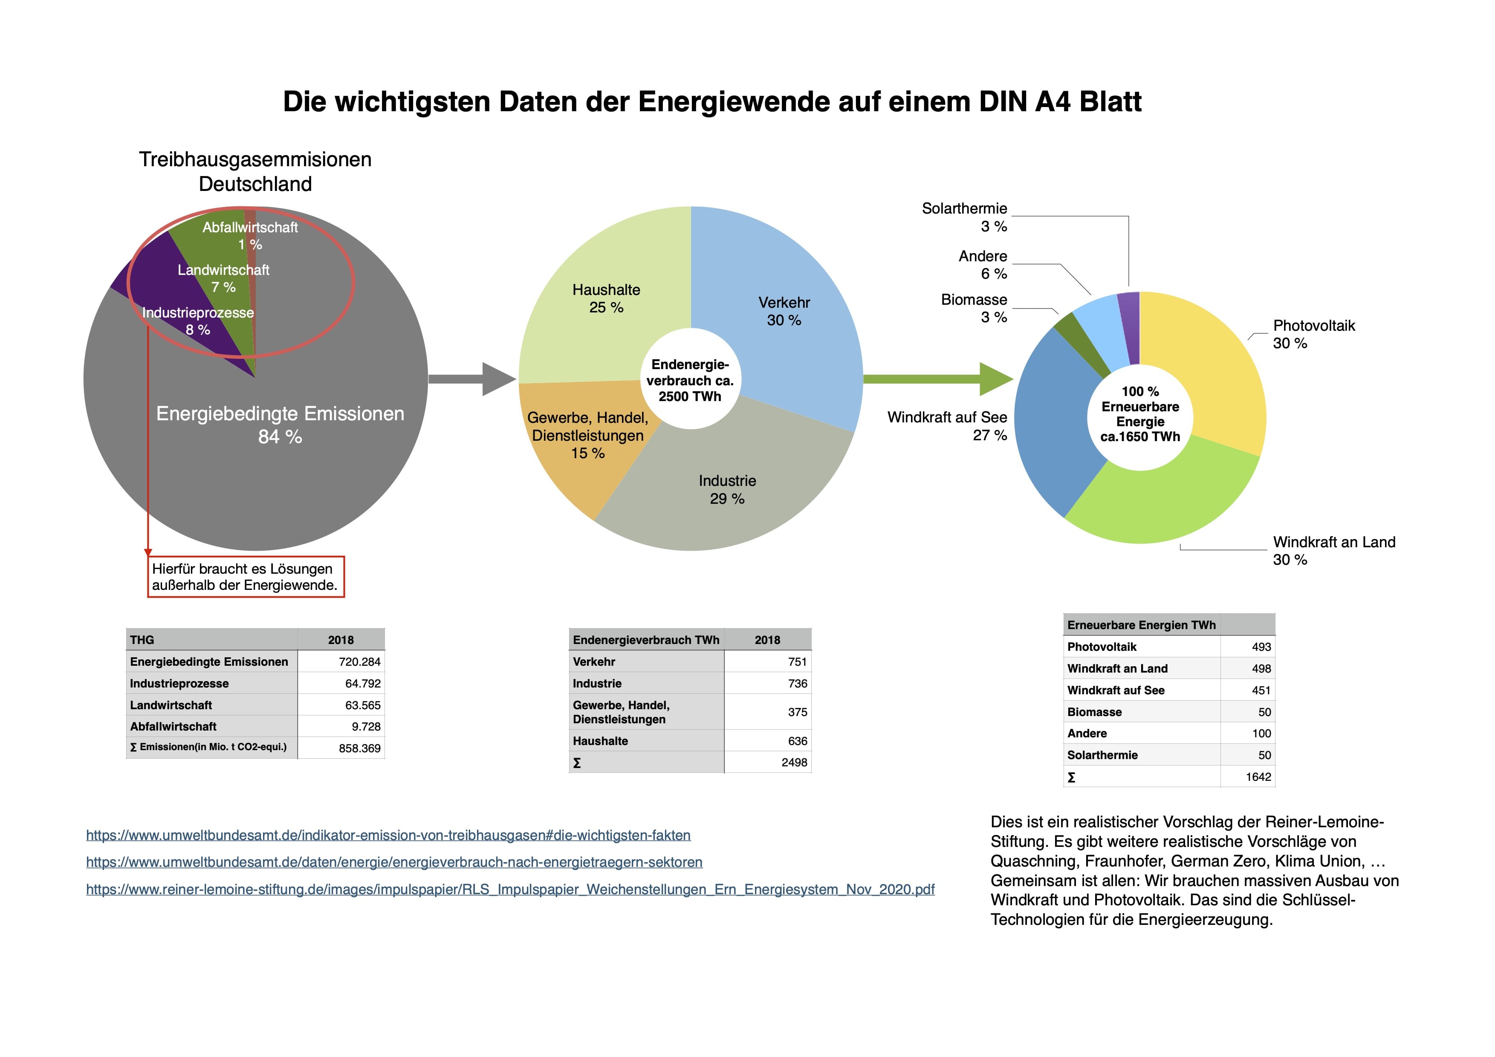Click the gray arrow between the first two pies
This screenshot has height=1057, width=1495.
472,379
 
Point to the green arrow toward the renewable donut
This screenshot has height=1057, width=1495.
938,379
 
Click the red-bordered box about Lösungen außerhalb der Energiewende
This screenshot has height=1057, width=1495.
246,577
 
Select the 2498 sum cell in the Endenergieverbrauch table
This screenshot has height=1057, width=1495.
794,762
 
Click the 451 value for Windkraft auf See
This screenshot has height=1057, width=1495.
1261,690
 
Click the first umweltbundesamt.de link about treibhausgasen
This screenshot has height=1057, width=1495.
388,835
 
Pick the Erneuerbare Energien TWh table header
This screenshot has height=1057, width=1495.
1142,625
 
